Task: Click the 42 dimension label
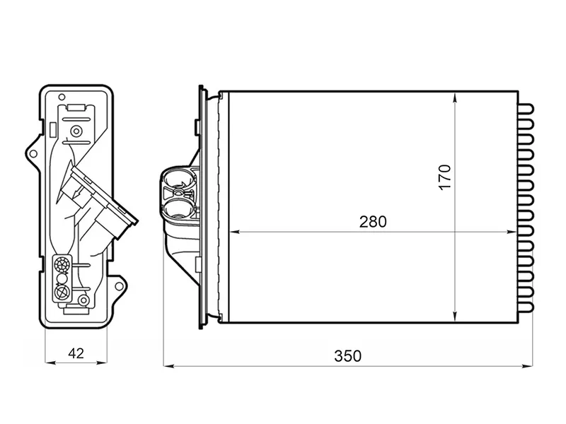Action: click(x=76, y=353)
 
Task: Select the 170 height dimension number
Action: click(x=445, y=177)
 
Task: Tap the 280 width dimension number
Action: click(x=373, y=222)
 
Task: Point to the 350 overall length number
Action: click(x=347, y=356)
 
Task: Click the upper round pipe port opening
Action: click(x=180, y=179)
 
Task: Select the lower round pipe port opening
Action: click(x=180, y=209)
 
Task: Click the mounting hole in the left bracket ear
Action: click(x=33, y=154)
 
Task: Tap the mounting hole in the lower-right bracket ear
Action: click(x=118, y=286)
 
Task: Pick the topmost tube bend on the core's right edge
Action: click(x=526, y=109)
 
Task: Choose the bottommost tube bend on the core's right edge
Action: click(x=526, y=307)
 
